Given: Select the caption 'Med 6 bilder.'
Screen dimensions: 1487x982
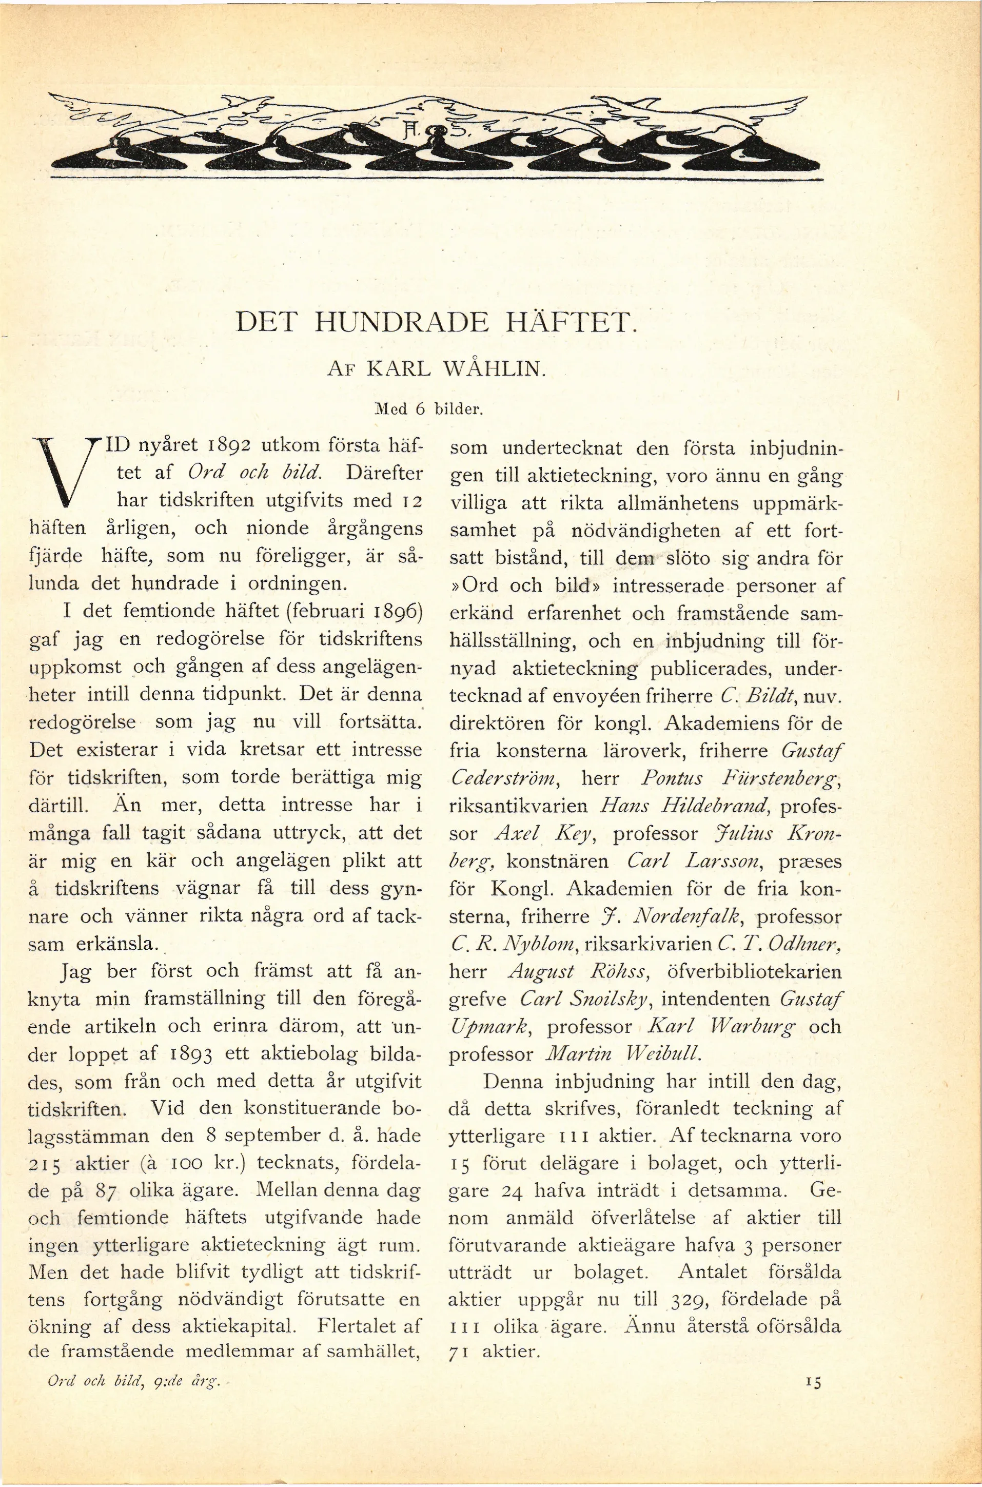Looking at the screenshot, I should coord(429,410).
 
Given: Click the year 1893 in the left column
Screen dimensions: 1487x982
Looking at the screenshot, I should coord(192,1053).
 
